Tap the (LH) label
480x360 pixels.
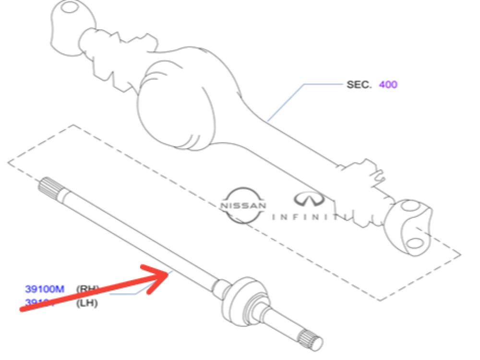coord(87,303)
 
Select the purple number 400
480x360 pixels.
coord(388,85)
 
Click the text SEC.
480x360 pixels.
coord(359,85)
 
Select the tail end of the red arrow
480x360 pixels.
coord(22,310)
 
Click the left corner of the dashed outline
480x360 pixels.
coord(9,162)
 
